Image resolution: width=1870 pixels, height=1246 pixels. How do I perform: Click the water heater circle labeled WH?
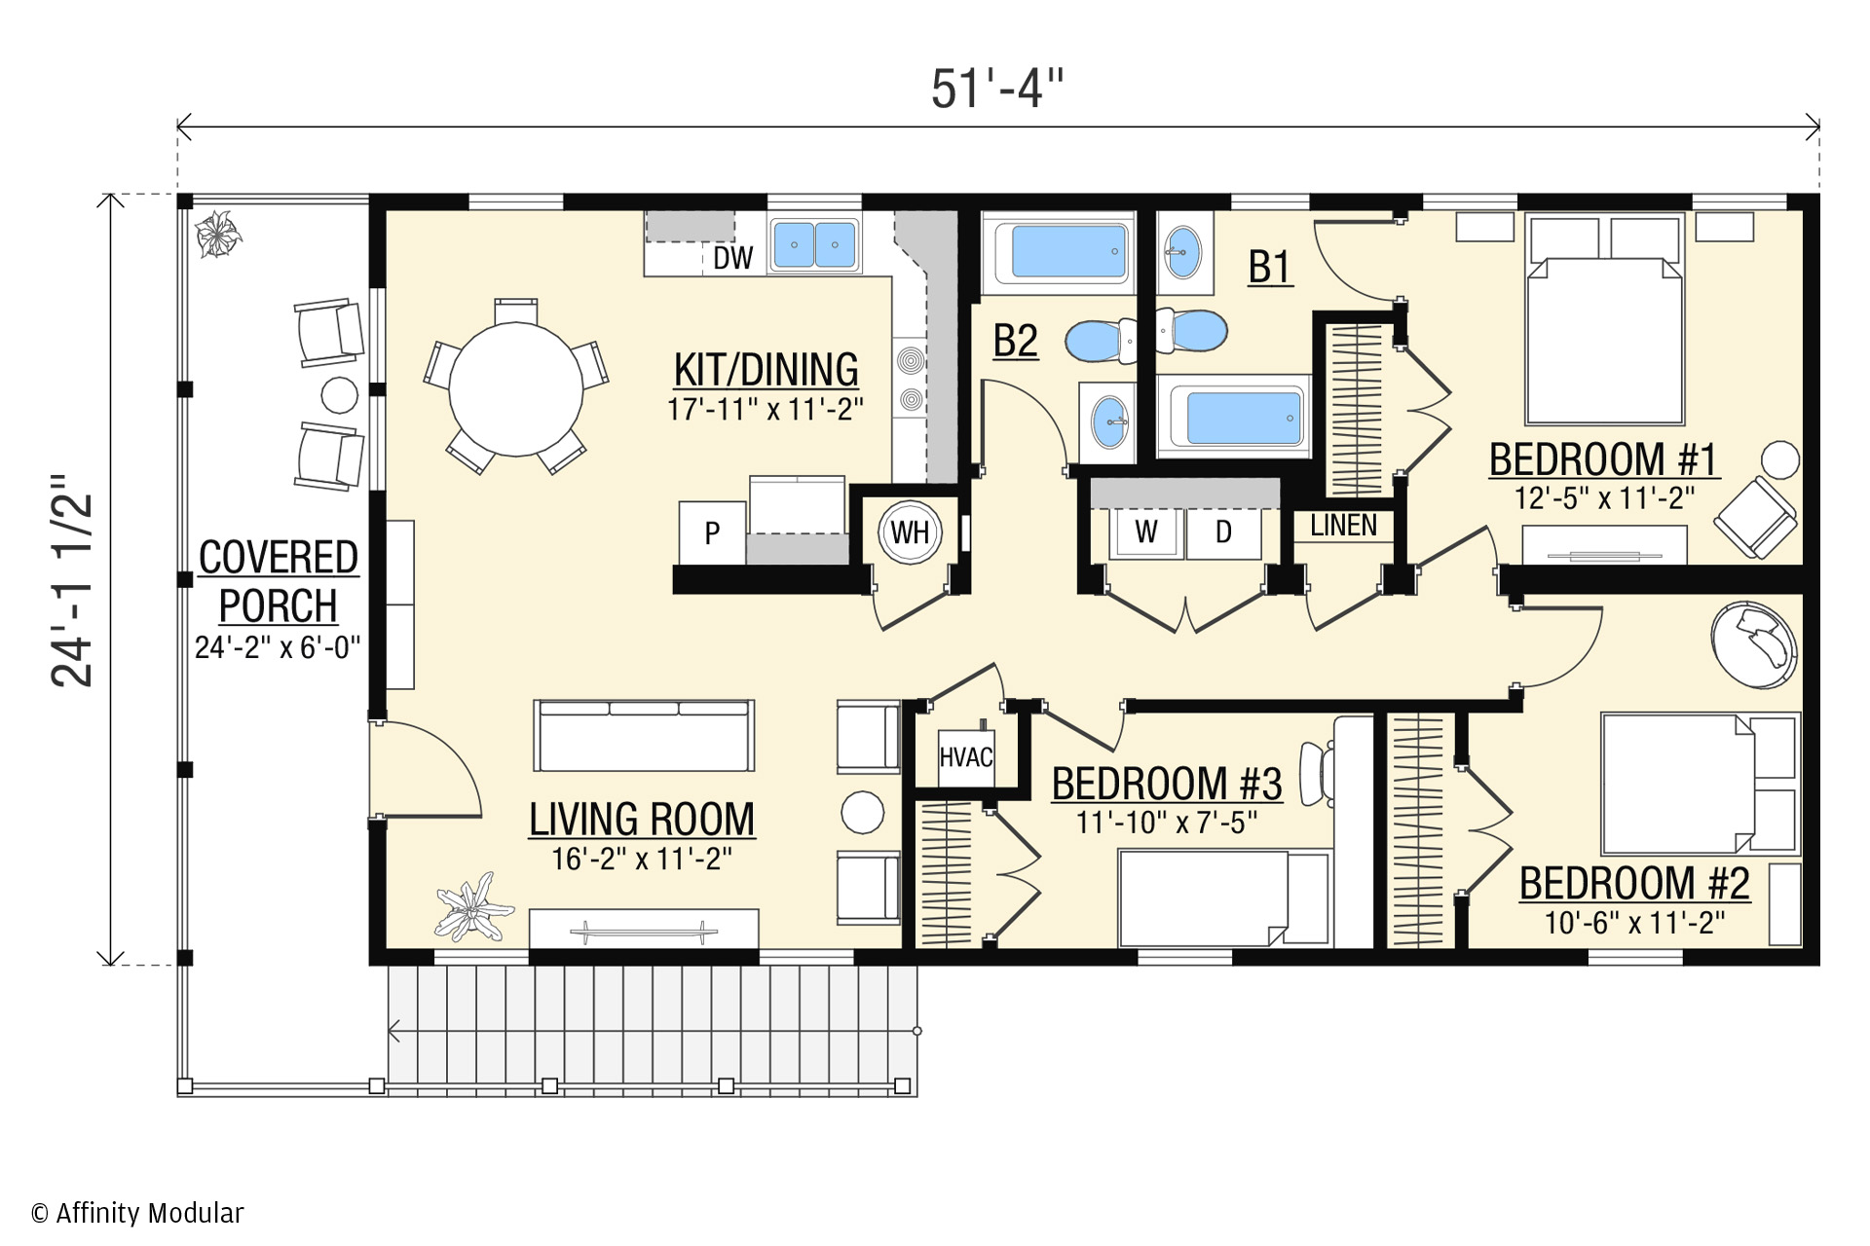[x=910, y=531]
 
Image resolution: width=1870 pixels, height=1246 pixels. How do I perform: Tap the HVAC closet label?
[x=965, y=756]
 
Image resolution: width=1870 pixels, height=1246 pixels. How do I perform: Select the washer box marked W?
[x=1146, y=531]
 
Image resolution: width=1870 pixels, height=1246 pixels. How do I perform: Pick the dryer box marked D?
[x=1223, y=531]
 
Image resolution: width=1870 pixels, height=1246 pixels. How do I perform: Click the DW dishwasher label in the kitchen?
[x=732, y=257]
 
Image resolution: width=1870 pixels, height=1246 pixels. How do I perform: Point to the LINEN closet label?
[x=1343, y=526]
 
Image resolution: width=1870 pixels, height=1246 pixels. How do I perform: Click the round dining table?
[x=516, y=389]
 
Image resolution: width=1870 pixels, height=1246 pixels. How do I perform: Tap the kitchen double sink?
[x=814, y=243]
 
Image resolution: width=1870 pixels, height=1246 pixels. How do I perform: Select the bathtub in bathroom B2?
[x=1058, y=252]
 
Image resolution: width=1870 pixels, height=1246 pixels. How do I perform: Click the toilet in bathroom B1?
[x=1190, y=331]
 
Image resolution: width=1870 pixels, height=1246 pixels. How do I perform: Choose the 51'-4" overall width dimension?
[x=997, y=90]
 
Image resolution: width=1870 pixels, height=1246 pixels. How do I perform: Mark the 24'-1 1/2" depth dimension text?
[x=74, y=580]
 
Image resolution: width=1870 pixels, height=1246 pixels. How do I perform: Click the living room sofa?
[x=644, y=736]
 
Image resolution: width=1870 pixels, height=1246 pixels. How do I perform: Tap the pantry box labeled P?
[x=713, y=532]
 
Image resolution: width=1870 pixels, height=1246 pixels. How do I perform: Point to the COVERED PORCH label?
[x=279, y=582]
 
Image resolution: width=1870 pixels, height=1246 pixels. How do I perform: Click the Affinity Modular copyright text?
[x=137, y=1213]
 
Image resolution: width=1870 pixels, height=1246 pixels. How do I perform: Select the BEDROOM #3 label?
[x=1167, y=784]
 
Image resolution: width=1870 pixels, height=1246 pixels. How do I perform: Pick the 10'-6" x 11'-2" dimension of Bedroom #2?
[x=1634, y=922]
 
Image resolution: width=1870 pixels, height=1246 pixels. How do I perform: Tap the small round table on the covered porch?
[x=340, y=395]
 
